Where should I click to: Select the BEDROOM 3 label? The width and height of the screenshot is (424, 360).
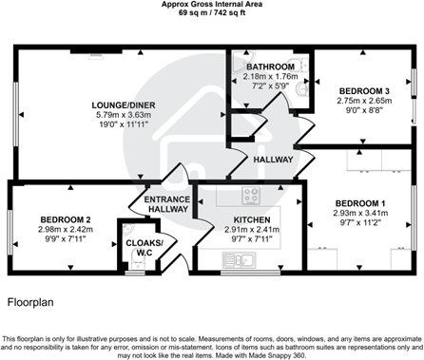point(363,90)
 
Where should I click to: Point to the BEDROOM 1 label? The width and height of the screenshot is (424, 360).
point(360,204)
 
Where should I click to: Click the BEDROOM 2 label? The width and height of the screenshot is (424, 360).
point(66,219)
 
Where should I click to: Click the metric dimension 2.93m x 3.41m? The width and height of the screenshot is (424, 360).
point(360,215)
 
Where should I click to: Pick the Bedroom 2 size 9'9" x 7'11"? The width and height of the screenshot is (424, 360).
point(66,240)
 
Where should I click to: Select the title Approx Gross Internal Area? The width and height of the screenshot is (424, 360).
point(212,5)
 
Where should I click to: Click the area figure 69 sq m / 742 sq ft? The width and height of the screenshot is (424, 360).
point(212,14)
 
